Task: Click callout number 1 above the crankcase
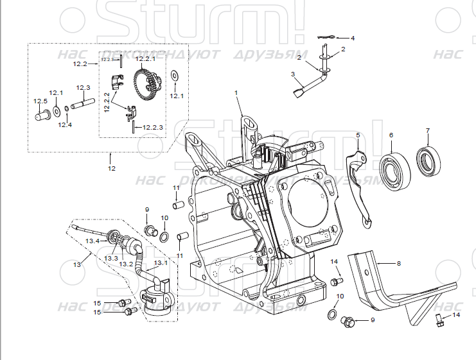tap(236, 93)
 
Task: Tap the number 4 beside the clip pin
tap(352, 39)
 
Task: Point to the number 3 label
tap(293, 74)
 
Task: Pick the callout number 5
tap(358, 135)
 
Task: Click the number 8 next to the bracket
tap(398, 263)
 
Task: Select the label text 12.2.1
tap(146, 58)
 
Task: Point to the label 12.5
tap(40, 101)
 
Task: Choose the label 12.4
tap(65, 124)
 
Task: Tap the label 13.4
tap(93, 241)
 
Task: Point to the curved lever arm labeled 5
tap(359, 186)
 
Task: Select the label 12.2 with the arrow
tap(80, 64)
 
